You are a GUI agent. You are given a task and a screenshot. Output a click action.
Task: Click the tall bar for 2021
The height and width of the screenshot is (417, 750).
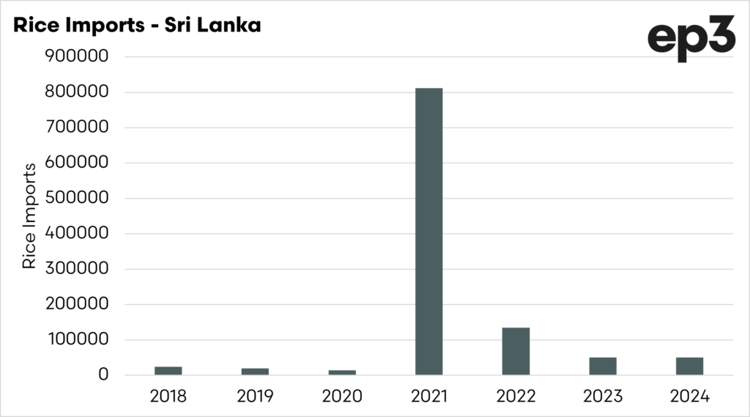point(428,232)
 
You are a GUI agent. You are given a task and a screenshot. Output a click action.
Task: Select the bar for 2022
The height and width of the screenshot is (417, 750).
point(516,351)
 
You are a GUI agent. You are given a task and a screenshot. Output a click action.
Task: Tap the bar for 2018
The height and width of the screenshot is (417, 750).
point(168,371)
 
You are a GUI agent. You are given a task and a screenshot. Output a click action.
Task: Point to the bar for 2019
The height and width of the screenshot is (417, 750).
point(255,372)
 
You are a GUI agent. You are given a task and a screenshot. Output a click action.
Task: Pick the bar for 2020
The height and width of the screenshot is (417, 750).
point(342,372)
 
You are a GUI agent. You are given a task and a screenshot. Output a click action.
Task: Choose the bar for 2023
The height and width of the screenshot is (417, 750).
point(603,366)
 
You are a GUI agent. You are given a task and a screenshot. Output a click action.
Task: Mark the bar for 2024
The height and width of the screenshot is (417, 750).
point(689,366)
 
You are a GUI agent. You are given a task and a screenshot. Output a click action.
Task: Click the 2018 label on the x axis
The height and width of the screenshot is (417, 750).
point(168,396)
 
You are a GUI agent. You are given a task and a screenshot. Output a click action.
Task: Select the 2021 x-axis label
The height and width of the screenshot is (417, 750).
point(428,396)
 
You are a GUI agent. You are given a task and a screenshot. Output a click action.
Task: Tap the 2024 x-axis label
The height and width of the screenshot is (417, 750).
point(689,396)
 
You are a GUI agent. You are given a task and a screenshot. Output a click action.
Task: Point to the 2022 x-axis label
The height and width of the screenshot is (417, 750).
point(516,396)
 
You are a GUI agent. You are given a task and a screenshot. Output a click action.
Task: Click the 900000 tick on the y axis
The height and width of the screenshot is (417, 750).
point(77,57)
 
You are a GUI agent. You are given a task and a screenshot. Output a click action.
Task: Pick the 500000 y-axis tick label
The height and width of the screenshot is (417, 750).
point(77,199)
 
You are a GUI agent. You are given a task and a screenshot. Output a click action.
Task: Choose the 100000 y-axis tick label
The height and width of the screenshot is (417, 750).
point(77,340)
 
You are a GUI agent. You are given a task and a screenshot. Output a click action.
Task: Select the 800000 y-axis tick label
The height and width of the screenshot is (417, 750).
point(77,92)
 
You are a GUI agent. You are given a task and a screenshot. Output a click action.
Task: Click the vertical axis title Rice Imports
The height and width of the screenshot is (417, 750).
point(30,216)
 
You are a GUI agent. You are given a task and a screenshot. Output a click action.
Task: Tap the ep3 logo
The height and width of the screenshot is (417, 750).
point(690,38)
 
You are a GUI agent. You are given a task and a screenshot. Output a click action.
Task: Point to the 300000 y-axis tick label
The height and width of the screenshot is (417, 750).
point(77,269)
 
